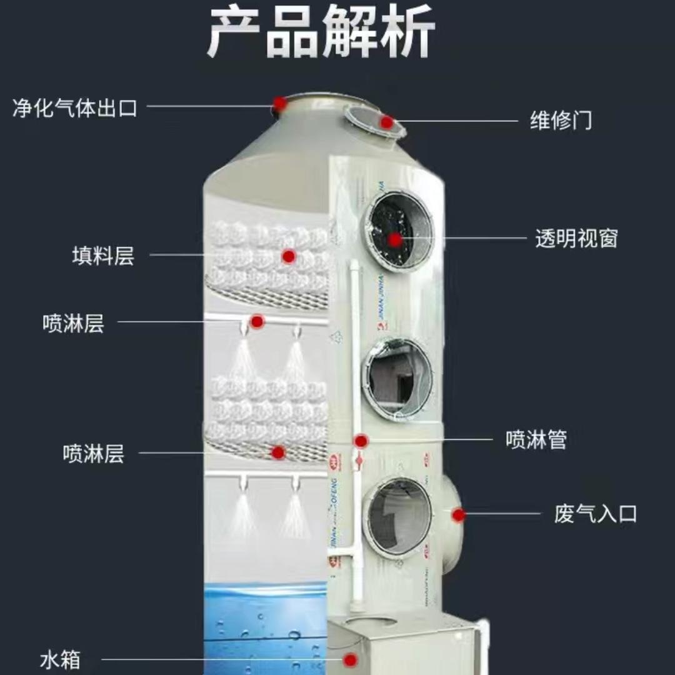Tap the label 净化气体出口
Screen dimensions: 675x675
coord(75,107)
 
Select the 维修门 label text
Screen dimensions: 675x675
coord(561,120)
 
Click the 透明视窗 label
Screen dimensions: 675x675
coord(576,239)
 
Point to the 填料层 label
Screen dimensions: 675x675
coord(103,256)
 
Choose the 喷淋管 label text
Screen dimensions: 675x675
coord(536,440)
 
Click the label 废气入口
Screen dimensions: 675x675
coord(595,514)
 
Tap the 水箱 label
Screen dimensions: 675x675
coord(60,659)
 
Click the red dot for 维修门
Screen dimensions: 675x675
coord(387,122)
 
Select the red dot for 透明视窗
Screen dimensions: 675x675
coord(395,239)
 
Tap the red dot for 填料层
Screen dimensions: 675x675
coord(288,256)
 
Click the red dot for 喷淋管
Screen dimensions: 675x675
coord(361,441)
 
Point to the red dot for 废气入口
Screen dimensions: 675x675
coord(459,515)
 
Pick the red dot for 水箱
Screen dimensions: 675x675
coord(351,659)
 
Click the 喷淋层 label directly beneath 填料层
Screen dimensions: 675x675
coord(73,324)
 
